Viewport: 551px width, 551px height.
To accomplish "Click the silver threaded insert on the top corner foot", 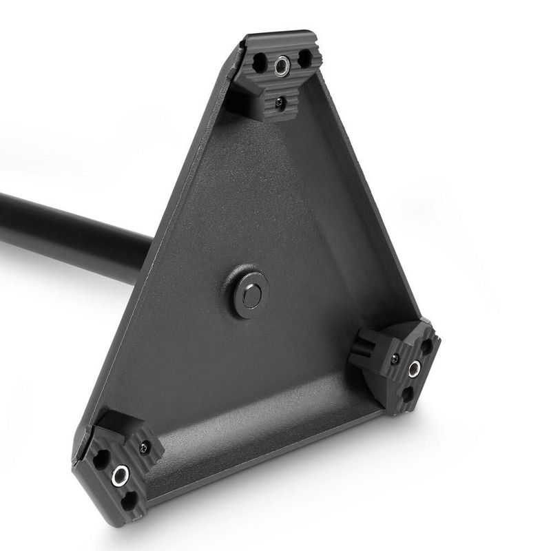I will tap(281, 66).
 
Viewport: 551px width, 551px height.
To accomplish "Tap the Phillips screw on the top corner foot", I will tap(279, 103).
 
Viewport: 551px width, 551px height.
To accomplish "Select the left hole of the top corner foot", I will tap(259, 64).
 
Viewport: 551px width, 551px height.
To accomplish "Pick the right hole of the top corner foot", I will tap(303, 60).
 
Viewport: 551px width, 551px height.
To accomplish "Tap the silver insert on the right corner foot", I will tap(413, 370).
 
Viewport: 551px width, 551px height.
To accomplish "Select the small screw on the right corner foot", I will tap(394, 359).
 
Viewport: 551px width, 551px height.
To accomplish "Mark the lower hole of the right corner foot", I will tap(406, 395).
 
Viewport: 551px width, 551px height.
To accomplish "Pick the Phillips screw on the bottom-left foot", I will tap(145, 447).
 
